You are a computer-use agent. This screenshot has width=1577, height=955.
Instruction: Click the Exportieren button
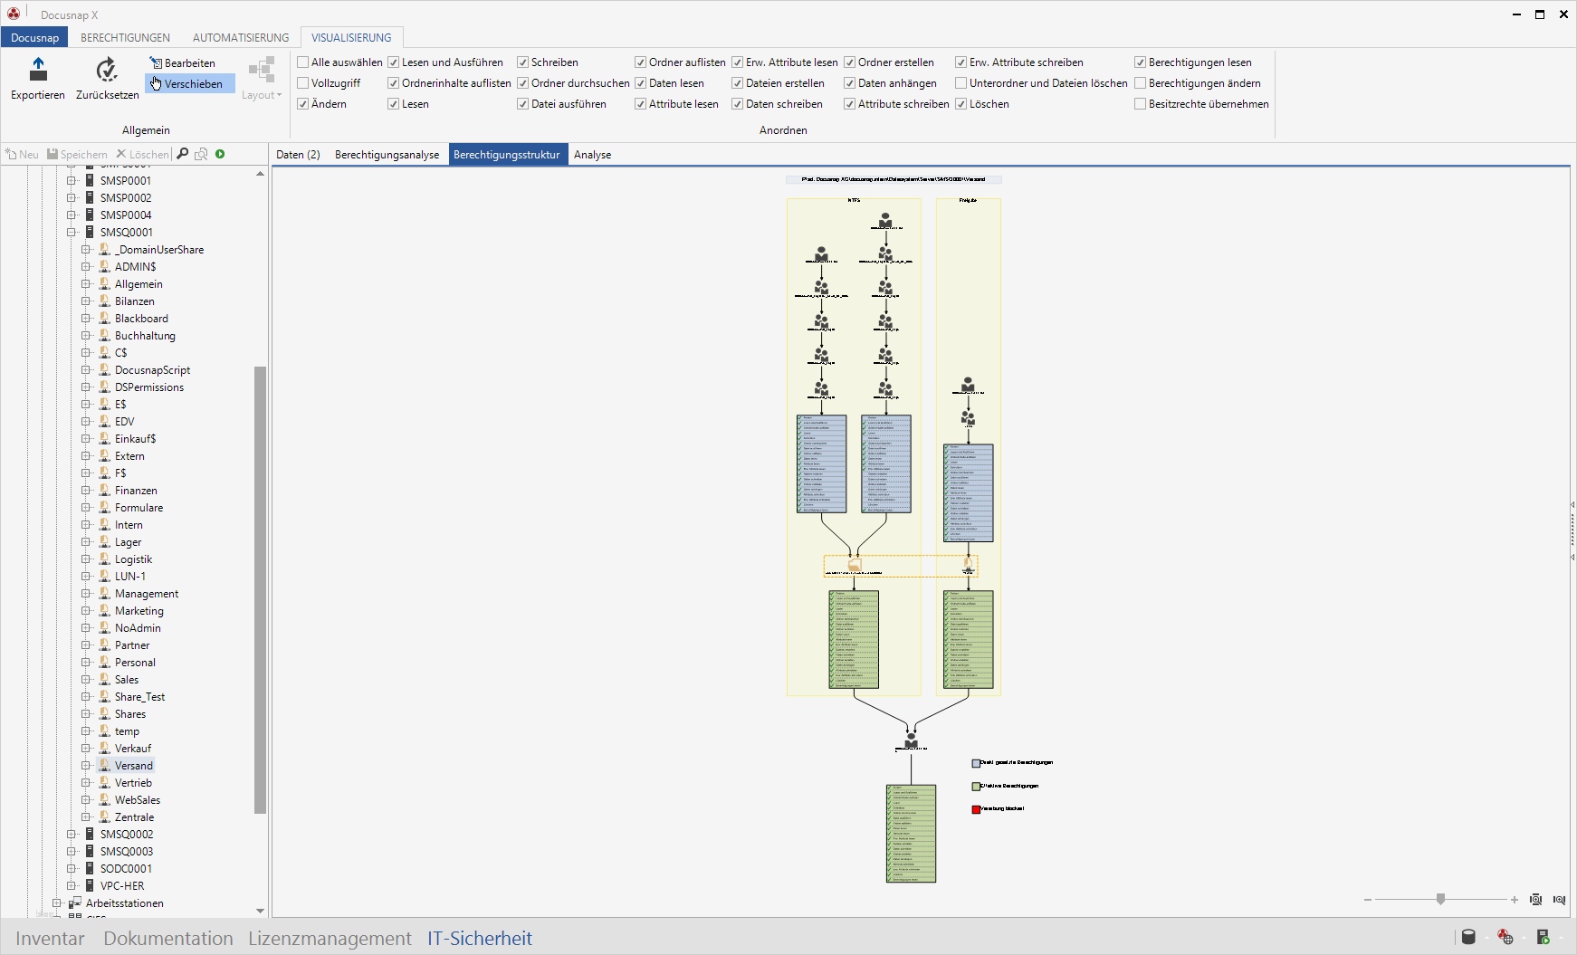(x=38, y=78)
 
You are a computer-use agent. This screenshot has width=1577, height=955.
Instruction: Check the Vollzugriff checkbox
(x=303, y=83)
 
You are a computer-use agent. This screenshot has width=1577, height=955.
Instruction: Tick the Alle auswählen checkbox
(x=303, y=62)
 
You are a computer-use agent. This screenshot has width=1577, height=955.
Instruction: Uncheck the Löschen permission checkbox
(x=961, y=104)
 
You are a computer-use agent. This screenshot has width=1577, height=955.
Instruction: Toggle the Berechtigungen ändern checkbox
(x=1141, y=83)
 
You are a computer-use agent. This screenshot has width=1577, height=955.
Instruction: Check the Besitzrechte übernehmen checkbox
(x=1141, y=104)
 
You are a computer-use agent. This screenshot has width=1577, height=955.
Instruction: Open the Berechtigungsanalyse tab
(x=387, y=155)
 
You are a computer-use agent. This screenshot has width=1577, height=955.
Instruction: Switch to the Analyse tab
(x=592, y=155)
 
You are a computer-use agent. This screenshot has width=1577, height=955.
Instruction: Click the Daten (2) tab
(x=298, y=155)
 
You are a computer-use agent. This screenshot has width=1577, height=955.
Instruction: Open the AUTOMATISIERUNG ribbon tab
(x=241, y=38)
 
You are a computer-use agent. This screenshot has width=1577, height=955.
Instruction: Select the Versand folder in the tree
(x=133, y=766)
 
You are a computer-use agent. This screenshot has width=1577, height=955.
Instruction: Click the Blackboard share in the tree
(x=141, y=319)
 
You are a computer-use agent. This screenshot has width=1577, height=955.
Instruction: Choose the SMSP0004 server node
(x=126, y=215)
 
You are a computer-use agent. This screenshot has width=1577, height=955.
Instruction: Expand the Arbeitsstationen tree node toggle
(x=56, y=903)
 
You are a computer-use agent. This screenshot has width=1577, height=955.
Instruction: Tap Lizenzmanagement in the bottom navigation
(x=330, y=939)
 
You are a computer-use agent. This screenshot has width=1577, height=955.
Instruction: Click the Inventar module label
(x=50, y=939)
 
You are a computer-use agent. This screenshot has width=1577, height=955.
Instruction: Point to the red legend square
(x=976, y=809)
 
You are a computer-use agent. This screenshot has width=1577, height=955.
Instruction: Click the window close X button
(x=1563, y=14)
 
